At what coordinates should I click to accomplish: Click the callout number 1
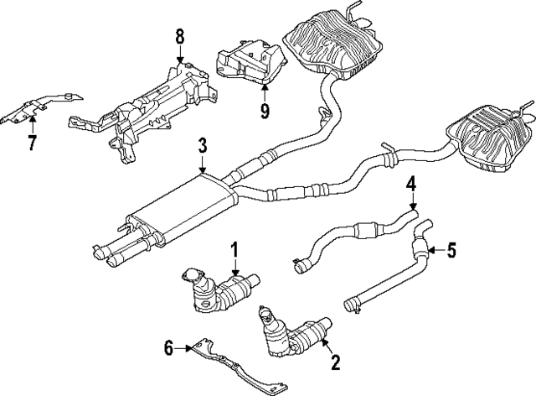[235, 249]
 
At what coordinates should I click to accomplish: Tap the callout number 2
[335, 362]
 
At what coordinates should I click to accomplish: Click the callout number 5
[451, 248]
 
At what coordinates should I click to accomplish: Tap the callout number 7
[32, 143]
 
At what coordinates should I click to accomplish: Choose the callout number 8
[178, 37]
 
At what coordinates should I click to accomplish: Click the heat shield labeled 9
[252, 62]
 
